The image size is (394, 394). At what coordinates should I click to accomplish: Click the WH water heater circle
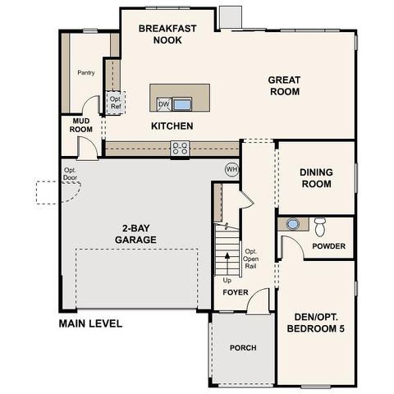tap(231, 168)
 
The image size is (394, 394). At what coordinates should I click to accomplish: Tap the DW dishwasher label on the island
tap(163, 104)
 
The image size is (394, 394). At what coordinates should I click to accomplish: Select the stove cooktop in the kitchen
tap(180, 148)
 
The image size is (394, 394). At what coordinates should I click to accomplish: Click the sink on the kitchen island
tap(181, 104)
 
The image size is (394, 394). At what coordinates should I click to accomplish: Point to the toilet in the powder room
tap(319, 226)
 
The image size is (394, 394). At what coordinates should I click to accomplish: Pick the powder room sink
tap(293, 223)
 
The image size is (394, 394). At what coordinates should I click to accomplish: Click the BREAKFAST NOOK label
tap(167, 34)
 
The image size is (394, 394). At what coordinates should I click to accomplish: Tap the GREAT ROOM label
tap(284, 85)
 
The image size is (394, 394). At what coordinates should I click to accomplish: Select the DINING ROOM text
tap(315, 178)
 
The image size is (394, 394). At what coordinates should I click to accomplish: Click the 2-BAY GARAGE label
tap(136, 234)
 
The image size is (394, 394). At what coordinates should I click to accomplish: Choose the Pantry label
tap(85, 72)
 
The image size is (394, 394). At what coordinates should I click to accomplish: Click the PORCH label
tap(242, 348)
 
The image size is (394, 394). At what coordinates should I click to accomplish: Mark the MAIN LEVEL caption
tap(90, 323)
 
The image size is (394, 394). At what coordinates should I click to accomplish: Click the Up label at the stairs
tap(227, 281)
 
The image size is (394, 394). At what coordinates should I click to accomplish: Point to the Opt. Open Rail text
tap(251, 259)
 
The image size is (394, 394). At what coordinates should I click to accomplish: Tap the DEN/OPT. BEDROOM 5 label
tap(316, 323)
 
